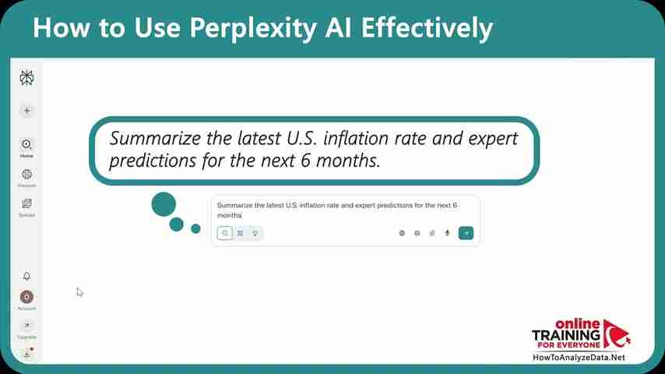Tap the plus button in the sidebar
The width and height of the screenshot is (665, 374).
[26, 111]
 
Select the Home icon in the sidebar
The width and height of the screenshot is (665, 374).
[26, 144]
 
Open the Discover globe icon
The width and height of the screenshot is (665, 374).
[26, 175]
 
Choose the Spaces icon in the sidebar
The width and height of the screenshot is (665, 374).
[26, 203]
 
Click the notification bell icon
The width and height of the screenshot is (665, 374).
[26, 276]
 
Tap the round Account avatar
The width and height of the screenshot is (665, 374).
[26, 297]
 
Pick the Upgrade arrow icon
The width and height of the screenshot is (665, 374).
[26, 326]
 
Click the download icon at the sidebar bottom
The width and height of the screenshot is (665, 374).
[26, 353]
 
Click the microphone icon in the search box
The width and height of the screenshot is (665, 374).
[447, 232]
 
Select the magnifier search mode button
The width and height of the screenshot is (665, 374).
[224, 232]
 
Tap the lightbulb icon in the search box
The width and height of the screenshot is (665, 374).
[255, 232]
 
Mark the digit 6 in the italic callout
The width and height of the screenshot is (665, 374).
[324, 161]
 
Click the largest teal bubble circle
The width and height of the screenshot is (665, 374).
[164, 204]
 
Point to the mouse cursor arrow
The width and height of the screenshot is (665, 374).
[79, 291]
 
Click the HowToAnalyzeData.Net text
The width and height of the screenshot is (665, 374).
[579, 358]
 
